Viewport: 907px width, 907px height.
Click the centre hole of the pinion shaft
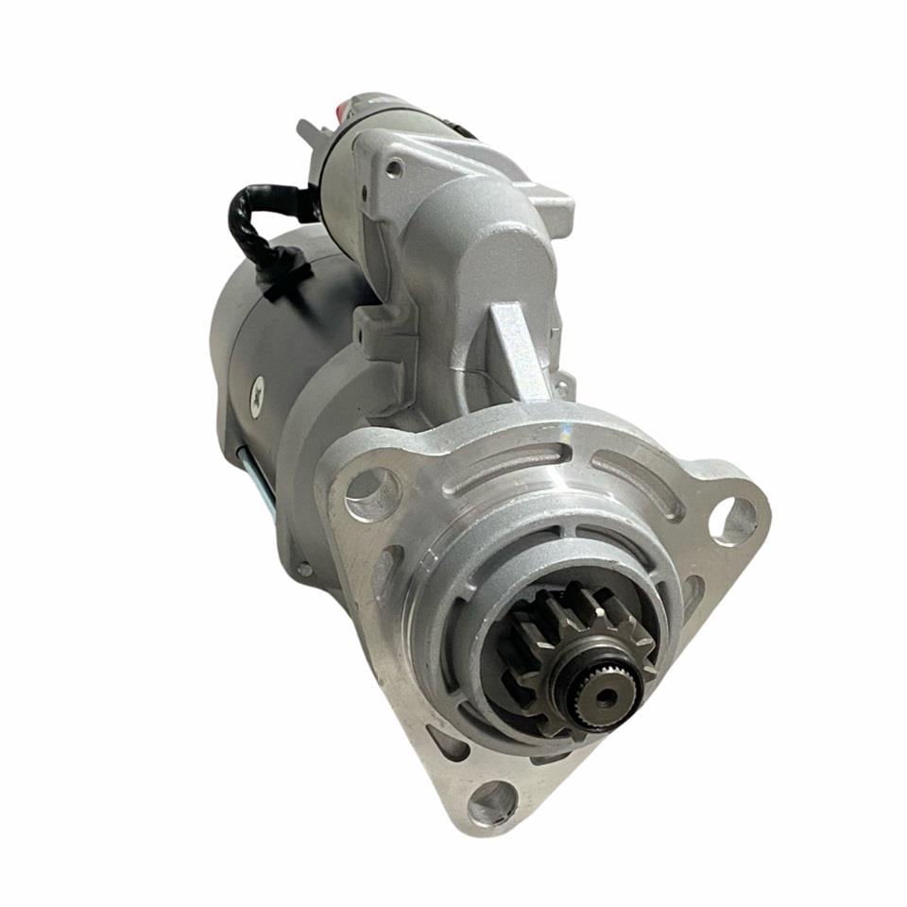[603, 696]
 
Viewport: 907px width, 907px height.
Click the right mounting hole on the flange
[734, 521]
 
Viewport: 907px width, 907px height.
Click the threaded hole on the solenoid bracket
[394, 169]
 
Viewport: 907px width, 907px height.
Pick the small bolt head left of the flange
[304, 569]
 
